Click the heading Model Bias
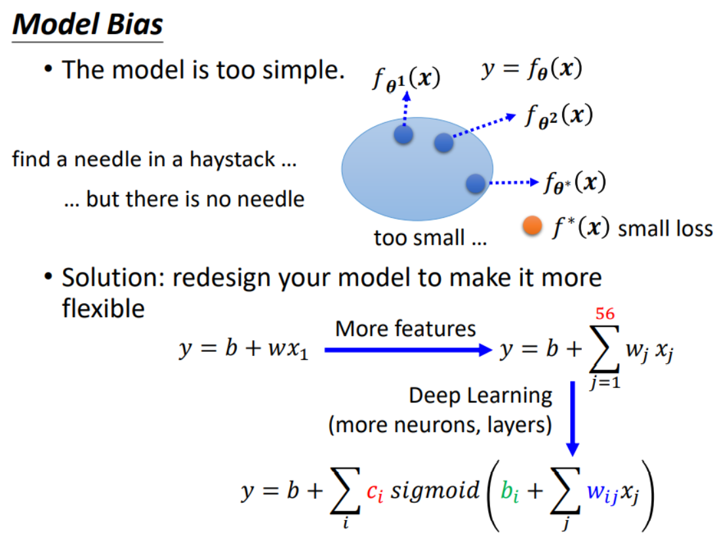tap(87, 24)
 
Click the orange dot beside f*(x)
tap(532, 227)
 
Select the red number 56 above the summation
tap(605, 314)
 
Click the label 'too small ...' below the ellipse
tap(430, 238)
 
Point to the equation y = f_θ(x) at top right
tap(531, 69)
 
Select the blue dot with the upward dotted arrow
tap(403, 135)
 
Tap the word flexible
tap(103, 307)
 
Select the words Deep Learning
tap(480, 396)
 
